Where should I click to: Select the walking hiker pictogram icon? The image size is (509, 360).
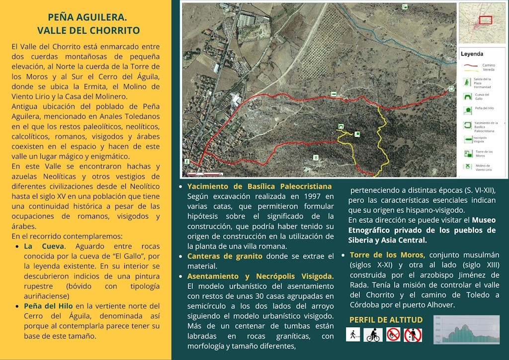353,334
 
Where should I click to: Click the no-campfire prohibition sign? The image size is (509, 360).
393,334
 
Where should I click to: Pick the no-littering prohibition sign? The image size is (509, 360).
413,335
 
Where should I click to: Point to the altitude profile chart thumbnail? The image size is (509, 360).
467,330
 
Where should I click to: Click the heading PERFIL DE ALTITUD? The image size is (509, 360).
386,320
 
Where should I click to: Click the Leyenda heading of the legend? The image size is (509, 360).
472,54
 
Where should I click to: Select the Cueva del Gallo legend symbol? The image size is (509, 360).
467,94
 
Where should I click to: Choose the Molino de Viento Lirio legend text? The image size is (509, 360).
484,168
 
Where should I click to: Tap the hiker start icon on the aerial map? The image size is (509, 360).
187,162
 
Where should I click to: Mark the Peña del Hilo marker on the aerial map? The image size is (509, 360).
357,134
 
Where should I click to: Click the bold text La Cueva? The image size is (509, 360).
44,246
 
